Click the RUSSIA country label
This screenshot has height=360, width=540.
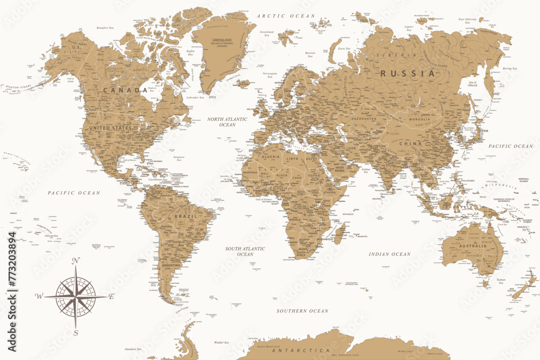point(408,73)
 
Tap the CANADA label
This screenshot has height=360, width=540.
point(125,90)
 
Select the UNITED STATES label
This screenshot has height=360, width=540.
point(110,128)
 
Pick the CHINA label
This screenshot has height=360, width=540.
point(410,144)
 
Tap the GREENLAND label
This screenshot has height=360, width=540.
point(222,40)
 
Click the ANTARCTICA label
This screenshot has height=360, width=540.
point(300,351)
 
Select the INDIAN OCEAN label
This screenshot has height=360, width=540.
point(390,254)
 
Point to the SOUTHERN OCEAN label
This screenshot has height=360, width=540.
point(302,311)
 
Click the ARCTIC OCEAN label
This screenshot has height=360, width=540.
point(278,16)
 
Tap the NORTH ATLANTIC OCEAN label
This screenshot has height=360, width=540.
point(227,121)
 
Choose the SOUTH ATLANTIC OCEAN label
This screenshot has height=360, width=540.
point(245,251)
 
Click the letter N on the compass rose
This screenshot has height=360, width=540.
point(76,261)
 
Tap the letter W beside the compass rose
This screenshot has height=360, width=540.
point(39,296)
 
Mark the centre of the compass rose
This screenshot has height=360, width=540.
point(76,296)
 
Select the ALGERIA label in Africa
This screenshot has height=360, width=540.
point(271,157)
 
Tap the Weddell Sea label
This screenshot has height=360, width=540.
point(221,342)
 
